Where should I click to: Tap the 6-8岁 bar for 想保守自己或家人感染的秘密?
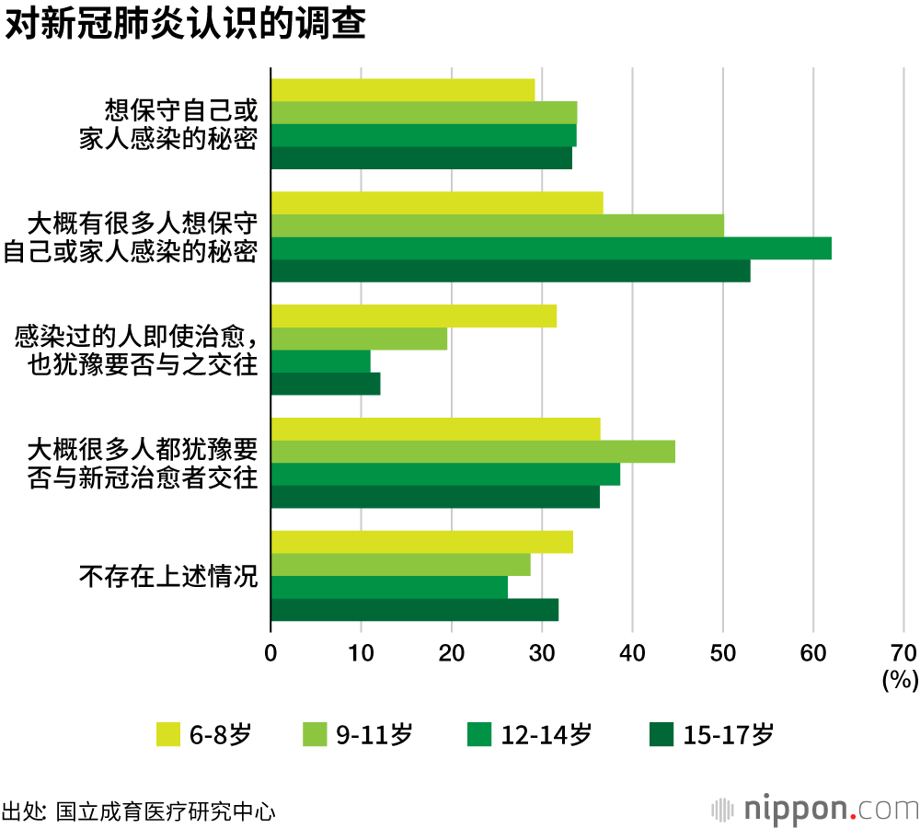[402, 90]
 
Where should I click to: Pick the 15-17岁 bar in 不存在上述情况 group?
[414, 610]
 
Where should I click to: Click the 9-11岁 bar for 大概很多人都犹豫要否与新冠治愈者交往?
[473, 452]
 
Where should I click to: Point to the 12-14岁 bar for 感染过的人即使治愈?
[320, 362]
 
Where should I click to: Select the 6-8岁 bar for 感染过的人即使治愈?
[413, 316]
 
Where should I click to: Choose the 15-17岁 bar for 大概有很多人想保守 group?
[510, 271]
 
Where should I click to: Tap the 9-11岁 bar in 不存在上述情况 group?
[400, 565]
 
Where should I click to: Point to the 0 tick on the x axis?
[270, 652]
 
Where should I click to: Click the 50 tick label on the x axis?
[723, 652]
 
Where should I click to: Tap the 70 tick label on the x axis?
[903, 652]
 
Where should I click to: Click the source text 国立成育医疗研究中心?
[166, 811]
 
